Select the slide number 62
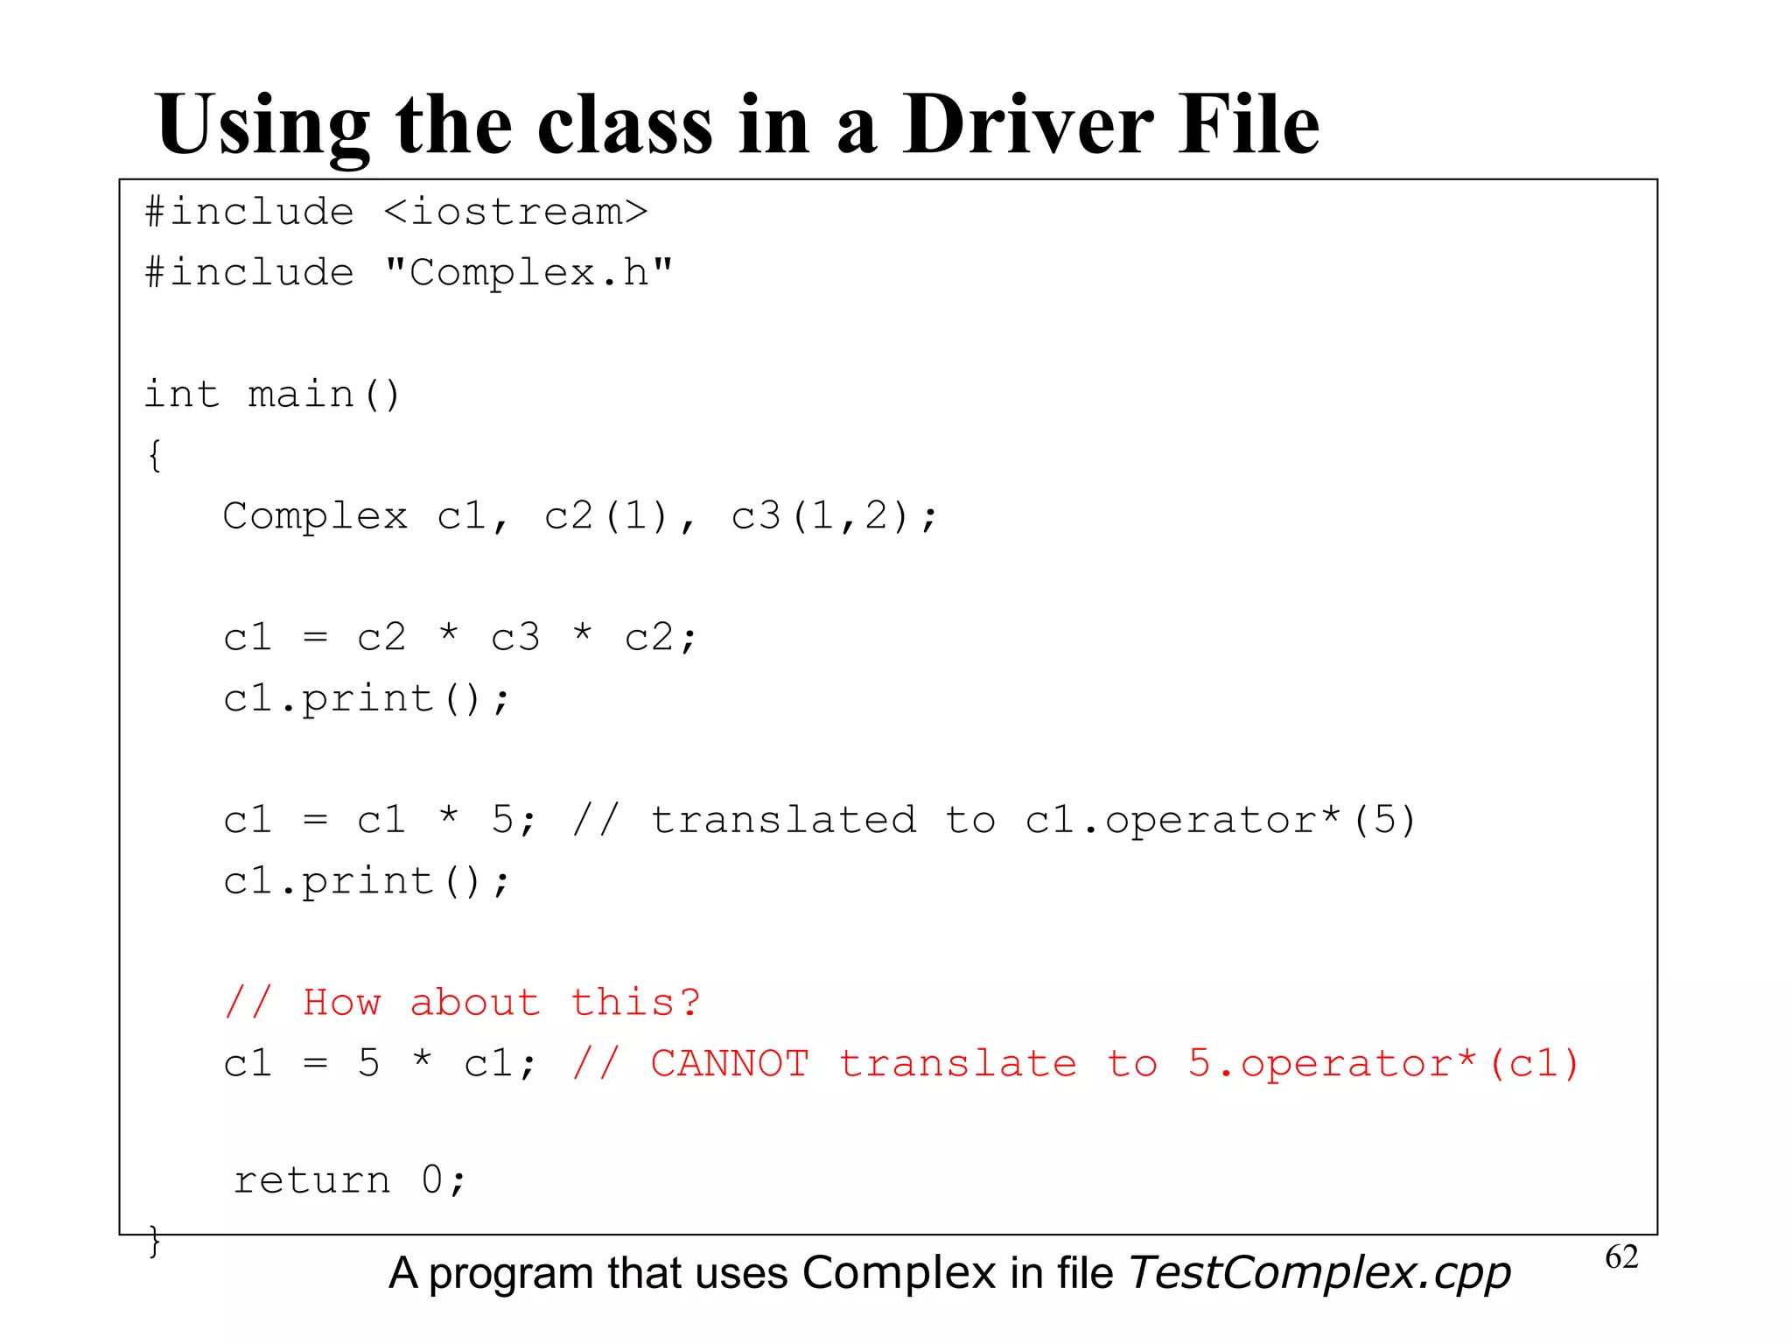tap(1621, 1257)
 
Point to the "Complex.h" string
tap(528, 273)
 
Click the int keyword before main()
tap(181, 394)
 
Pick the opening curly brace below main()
tap(155, 455)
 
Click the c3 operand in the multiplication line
tap(515, 637)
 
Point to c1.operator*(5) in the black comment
tap(1220, 820)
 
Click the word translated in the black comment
tap(783, 820)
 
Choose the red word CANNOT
tap(730, 1063)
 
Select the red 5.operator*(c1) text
tap(1382, 1063)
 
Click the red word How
tap(342, 1003)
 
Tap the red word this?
tap(636, 1003)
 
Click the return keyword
tap(312, 1180)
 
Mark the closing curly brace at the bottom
tap(155, 1241)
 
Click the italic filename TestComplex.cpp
tap(1319, 1273)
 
